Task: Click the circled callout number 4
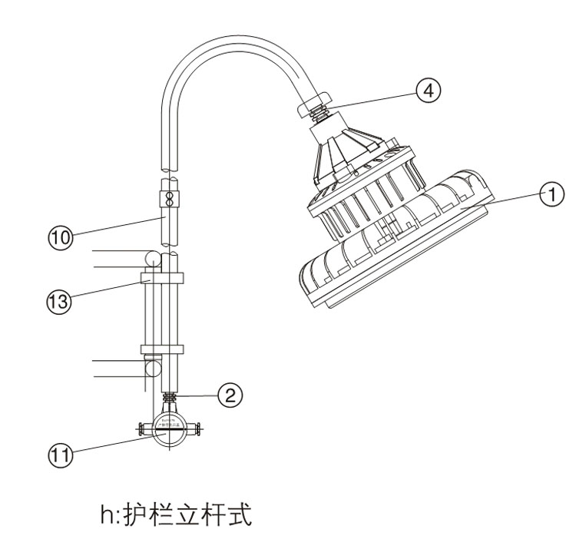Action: pyautogui.click(x=429, y=90)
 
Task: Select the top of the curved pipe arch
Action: pyautogui.click(x=230, y=48)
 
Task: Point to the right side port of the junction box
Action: pyautogui.click(x=197, y=429)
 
